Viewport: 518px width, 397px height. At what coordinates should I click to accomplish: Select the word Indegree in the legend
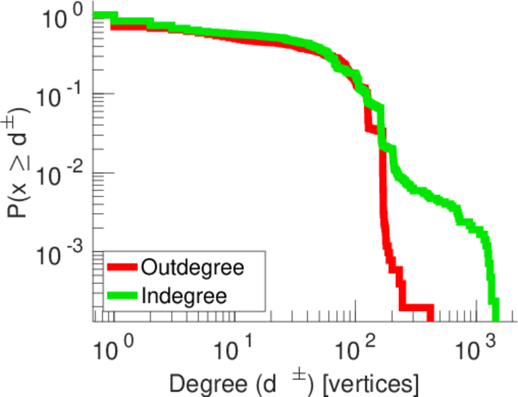[x=184, y=295]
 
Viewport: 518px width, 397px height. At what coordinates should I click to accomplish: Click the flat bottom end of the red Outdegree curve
[x=416, y=308]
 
